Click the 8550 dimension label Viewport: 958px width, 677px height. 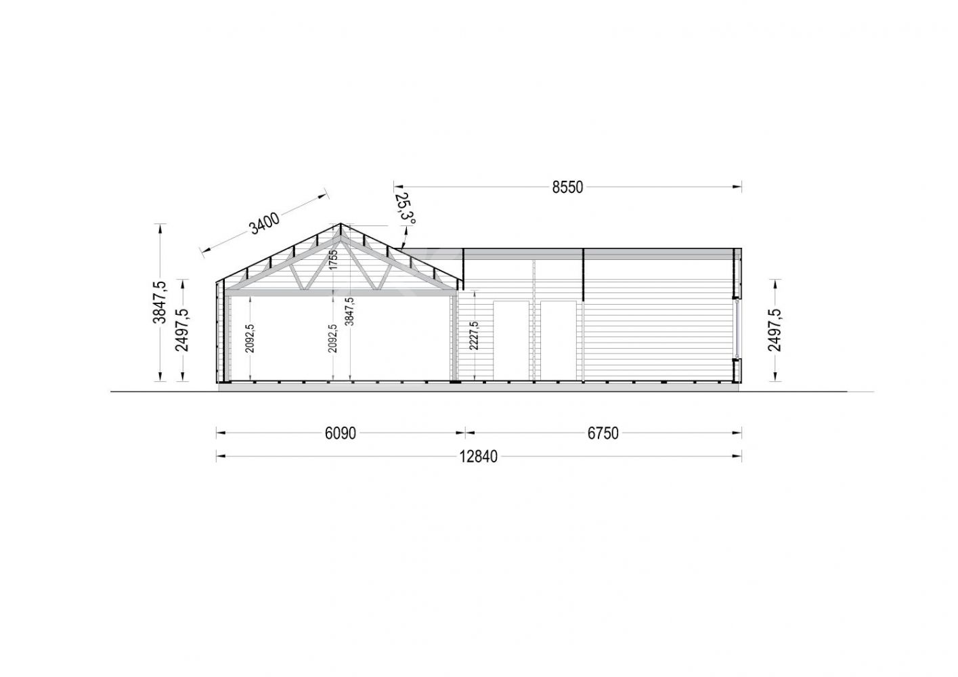click(567, 188)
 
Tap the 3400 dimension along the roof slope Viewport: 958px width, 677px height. click(265, 223)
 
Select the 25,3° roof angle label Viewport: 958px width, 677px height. click(405, 209)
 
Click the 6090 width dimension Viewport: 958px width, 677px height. click(340, 433)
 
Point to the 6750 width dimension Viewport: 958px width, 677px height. click(603, 433)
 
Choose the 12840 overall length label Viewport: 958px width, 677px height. click(479, 457)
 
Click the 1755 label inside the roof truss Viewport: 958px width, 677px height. click(334, 259)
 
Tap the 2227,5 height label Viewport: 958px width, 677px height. click(474, 336)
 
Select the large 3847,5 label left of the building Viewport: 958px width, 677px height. click(160, 303)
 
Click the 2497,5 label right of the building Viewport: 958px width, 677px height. click(775, 330)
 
